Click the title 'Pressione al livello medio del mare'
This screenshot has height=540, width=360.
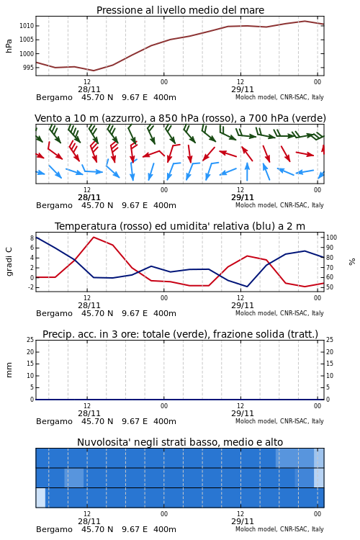(180, 10)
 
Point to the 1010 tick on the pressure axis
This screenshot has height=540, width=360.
(27, 26)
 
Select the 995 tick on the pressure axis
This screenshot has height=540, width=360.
(28, 68)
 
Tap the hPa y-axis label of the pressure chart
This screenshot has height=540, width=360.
(9, 46)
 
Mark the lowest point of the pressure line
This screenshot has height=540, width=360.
(94, 71)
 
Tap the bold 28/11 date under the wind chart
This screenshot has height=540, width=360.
(89, 197)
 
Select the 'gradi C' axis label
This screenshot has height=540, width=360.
(9, 261)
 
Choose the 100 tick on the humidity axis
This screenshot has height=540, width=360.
(331, 238)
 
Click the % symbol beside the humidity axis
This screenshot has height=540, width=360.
(352, 262)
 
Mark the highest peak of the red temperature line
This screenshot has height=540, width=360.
(94, 237)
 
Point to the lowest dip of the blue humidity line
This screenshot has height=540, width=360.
(247, 286)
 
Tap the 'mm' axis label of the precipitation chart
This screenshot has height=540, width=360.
(9, 370)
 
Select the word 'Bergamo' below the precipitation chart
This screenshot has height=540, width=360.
(54, 421)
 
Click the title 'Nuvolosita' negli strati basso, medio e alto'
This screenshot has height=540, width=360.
(180, 442)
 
